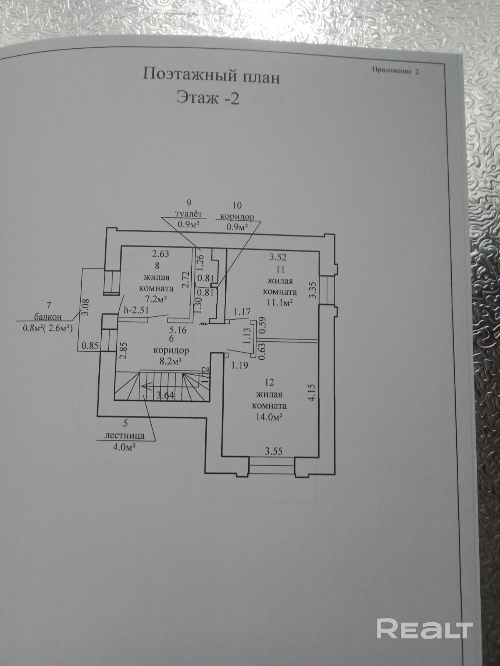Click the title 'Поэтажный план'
tap(211, 75)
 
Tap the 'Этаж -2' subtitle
tap(208, 99)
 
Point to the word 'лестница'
tap(125, 436)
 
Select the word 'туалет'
tap(188, 214)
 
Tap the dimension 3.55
tap(274, 451)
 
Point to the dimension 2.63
tap(160, 253)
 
